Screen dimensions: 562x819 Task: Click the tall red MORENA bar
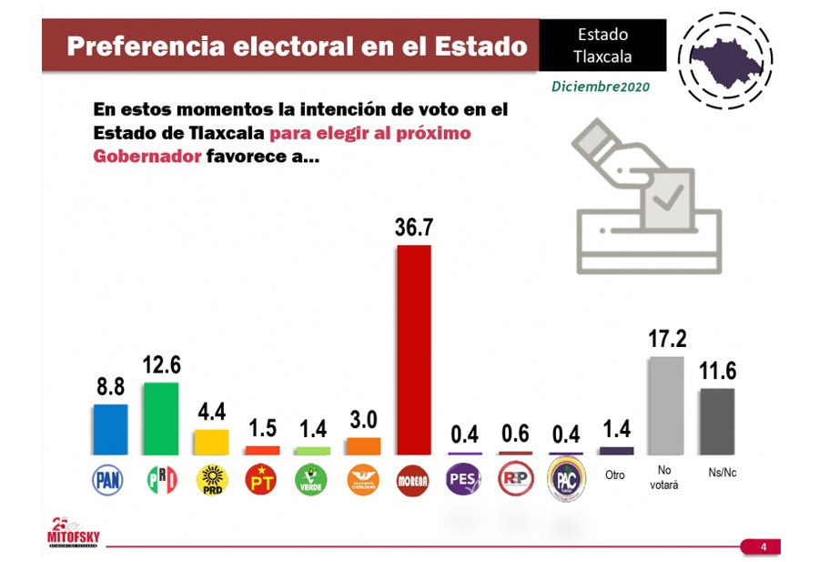pyautogui.click(x=413, y=350)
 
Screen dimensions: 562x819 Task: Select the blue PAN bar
pyautogui.click(x=109, y=430)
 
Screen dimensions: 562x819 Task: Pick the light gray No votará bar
pyautogui.click(x=665, y=405)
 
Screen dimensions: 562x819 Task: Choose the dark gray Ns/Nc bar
pyautogui.click(x=716, y=422)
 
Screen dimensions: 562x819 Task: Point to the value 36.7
pyautogui.click(x=413, y=229)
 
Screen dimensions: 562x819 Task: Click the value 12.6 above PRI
pyautogui.click(x=162, y=365)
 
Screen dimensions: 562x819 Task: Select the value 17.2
pyautogui.click(x=666, y=340)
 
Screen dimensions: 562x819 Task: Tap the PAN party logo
pyautogui.click(x=109, y=479)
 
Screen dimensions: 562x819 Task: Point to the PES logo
pyautogui.click(x=463, y=479)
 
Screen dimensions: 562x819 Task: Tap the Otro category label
pyautogui.click(x=615, y=475)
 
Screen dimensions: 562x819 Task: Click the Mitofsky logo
pyautogui.click(x=73, y=535)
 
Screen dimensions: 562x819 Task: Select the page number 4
pyautogui.click(x=763, y=547)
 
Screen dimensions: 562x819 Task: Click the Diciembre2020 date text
pyautogui.click(x=601, y=86)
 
